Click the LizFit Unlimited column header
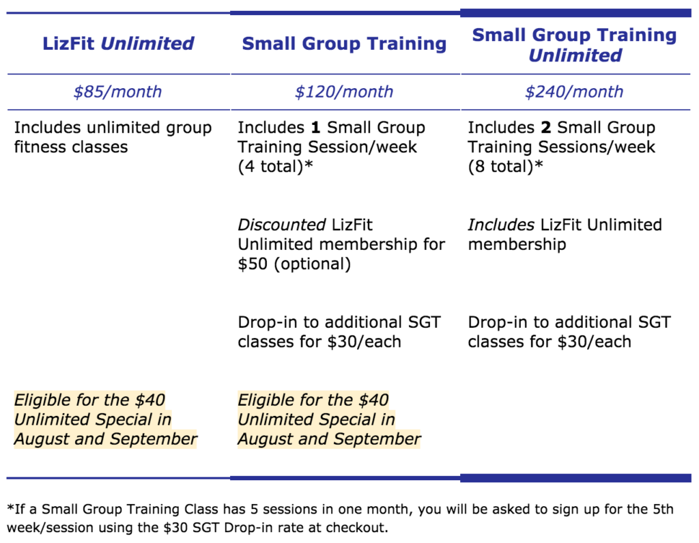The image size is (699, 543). (x=118, y=44)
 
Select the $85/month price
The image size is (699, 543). (x=117, y=92)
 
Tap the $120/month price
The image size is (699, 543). (x=344, y=92)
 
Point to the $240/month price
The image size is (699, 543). (x=574, y=92)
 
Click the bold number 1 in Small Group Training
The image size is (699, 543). (x=315, y=128)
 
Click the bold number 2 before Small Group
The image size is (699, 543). (x=546, y=128)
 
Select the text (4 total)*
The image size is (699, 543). (x=276, y=167)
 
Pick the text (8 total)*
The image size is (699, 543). (x=506, y=167)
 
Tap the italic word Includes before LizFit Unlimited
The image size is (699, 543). (x=501, y=225)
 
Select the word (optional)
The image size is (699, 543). (x=313, y=264)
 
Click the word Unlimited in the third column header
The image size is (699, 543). (x=575, y=55)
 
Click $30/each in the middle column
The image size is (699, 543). (x=365, y=342)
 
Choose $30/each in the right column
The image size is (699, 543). (x=595, y=342)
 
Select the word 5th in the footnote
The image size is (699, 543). (x=664, y=509)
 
